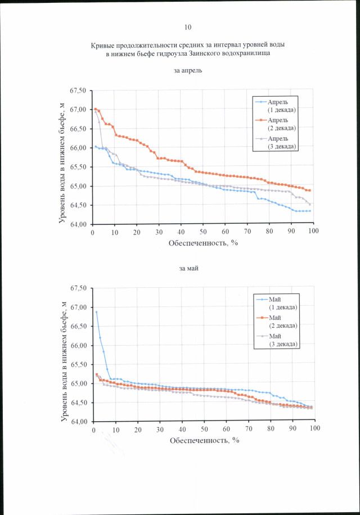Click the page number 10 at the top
point(188,27)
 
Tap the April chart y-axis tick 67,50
point(78,91)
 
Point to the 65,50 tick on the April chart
point(78,167)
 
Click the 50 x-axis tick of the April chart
point(202,232)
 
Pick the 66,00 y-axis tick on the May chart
point(78,346)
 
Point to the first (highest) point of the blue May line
point(96,312)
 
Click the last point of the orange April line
point(309,191)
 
